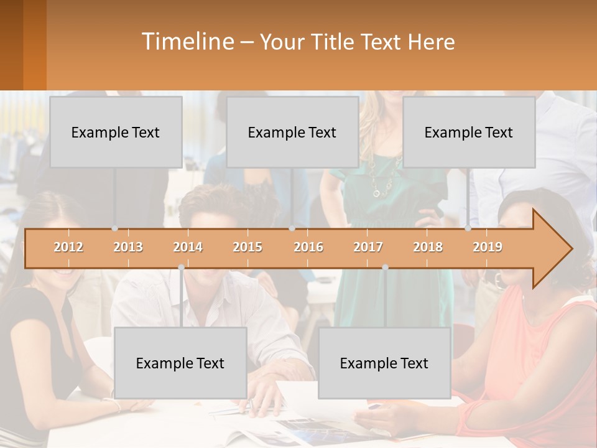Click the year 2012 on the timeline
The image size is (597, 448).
click(x=68, y=247)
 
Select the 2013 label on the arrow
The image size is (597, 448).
click(x=128, y=247)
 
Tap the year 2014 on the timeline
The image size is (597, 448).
click(x=188, y=247)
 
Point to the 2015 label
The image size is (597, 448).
click(x=248, y=247)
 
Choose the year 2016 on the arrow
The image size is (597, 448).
click(x=308, y=247)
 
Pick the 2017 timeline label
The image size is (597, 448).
click(x=368, y=247)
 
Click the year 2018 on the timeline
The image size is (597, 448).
click(x=428, y=247)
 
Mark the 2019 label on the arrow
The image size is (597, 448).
click(x=488, y=247)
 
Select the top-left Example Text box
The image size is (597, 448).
click(x=116, y=132)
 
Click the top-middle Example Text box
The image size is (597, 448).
click(x=292, y=132)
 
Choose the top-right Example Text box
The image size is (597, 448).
click(x=469, y=132)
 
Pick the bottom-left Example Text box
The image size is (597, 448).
click(x=180, y=363)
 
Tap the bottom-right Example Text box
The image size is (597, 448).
click(x=384, y=363)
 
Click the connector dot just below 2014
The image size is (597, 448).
click(x=181, y=267)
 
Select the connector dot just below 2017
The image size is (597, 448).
click(x=385, y=267)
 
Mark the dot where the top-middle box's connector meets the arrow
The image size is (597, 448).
click(x=292, y=228)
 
